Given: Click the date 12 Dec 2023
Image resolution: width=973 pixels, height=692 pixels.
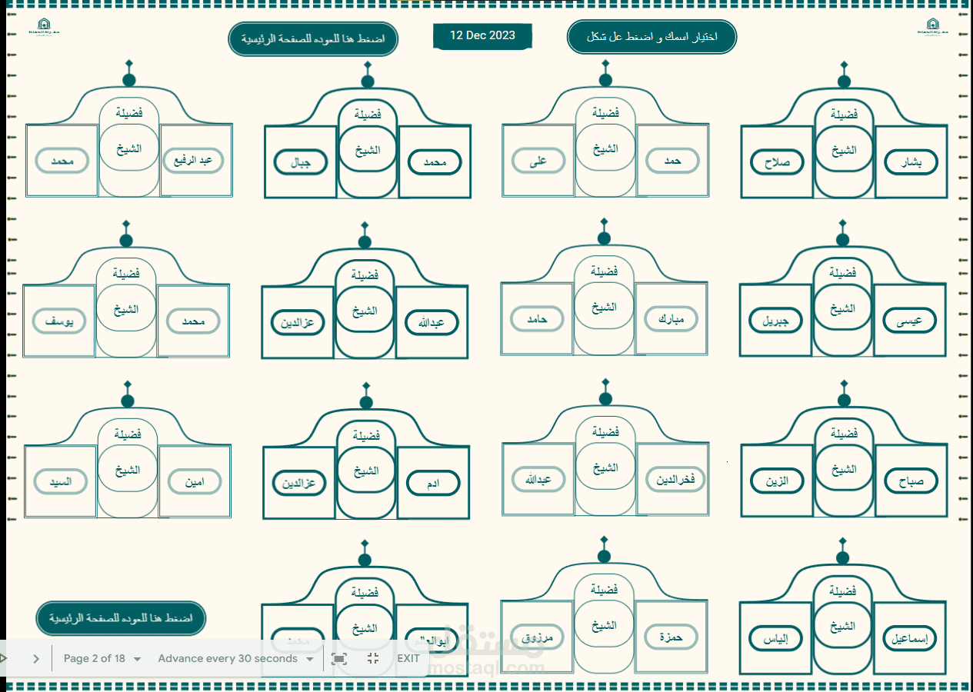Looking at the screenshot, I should [482, 36].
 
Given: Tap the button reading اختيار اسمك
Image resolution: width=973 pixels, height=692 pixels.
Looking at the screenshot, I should [651, 37].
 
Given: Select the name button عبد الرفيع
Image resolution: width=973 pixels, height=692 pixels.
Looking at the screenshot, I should [192, 161].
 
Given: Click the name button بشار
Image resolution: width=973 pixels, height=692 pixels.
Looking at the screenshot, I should [911, 162].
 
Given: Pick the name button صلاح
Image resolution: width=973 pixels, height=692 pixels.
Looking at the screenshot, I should [777, 162].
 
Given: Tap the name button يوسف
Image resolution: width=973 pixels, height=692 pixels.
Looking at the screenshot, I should [59, 321].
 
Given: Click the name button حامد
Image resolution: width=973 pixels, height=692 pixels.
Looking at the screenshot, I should [538, 318].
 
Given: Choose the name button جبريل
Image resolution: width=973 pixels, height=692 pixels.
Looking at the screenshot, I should [775, 321].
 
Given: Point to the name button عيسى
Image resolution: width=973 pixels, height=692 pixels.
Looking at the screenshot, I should [910, 321].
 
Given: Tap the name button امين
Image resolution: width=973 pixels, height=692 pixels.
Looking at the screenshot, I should [194, 482].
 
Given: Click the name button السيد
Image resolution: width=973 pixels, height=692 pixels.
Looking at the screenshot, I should [61, 482].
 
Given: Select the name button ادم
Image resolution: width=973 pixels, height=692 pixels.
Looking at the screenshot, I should [433, 483].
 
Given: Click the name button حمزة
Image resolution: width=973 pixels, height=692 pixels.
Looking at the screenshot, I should [671, 637].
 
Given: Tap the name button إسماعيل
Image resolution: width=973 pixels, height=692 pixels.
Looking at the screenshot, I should [909, 638].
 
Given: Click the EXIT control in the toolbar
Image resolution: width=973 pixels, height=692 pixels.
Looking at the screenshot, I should [408, 658].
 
